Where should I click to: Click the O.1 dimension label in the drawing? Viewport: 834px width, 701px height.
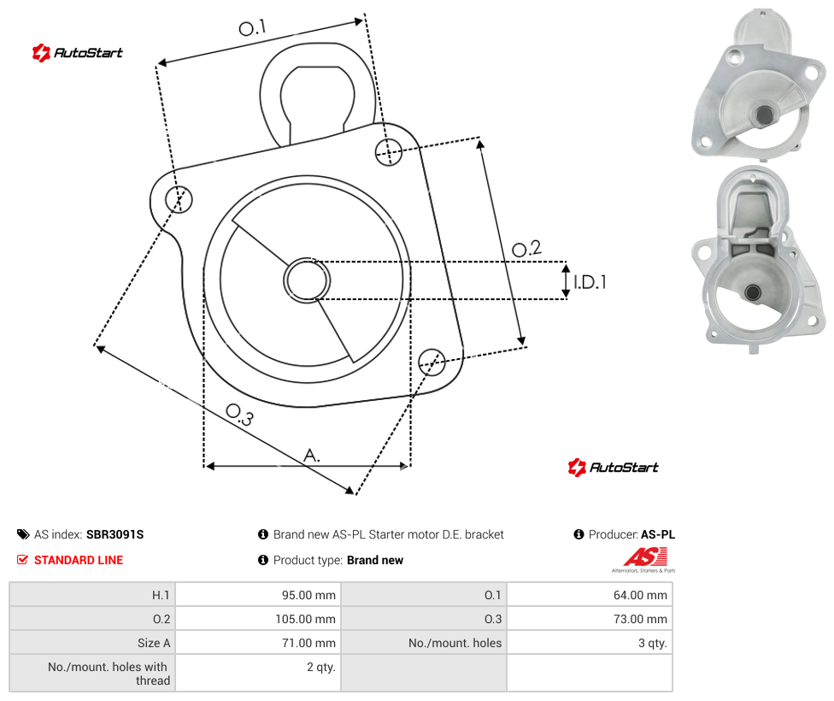pyautogui.click(x=252, y=27)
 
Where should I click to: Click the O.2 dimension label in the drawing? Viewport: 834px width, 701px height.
pyautogui.click(x=526, y=248)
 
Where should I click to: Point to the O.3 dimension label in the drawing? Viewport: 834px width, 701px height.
pyautogui.click(x=239, y=415)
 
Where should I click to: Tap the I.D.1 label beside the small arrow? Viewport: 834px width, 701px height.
pyautogui.click(x=590, y=282)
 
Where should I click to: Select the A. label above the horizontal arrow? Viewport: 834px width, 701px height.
pyautogui.click(x=312, y=456)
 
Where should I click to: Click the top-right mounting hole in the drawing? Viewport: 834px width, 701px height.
pyautogui.click(x=389, y=151)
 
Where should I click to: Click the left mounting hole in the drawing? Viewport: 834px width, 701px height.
pyautogui.click(x=179, y=199)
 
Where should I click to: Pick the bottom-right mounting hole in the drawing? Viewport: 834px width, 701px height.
pyautogui.click(x=432, y=362)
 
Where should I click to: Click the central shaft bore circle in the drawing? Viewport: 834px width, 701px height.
pyautogui.click(x=307, y=280)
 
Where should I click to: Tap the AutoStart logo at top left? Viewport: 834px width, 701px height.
pyautogui.click(x=77, y=53)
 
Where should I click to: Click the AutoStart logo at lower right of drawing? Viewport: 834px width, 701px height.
pyautogui.click(x=613, y=468)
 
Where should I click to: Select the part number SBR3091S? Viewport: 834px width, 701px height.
pyautogui.click(x=115, y=534)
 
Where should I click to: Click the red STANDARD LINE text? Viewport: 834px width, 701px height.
pyautogui.click(x=79, y=560)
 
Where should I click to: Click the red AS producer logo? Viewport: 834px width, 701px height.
pyautogui.click(x=645, y=558)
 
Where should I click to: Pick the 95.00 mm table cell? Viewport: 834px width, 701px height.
pyautogui.click(x=258, y=594)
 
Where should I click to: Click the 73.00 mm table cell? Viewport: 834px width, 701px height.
pyautogui.click(x=590, y=618)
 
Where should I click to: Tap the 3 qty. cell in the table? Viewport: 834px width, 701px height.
pyautogui.click(x=590, y=643)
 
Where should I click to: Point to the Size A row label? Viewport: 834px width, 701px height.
pyautogui.click(x=154, y=643)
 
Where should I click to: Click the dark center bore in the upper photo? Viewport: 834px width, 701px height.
pyautogui.click(x=765, y=114)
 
